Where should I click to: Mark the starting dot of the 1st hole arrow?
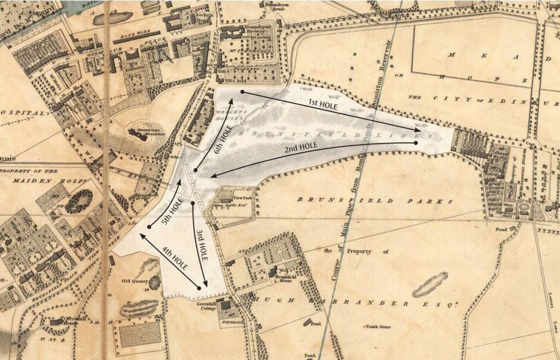[242, 92]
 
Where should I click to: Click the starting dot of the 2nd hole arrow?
[415, 143]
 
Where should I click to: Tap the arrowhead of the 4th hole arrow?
[141, 235]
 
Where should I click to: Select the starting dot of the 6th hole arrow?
[195, 170]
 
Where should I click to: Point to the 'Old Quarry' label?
[134, 281]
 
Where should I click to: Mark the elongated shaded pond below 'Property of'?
[430, 284]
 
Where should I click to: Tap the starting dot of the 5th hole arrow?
[149, 227]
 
